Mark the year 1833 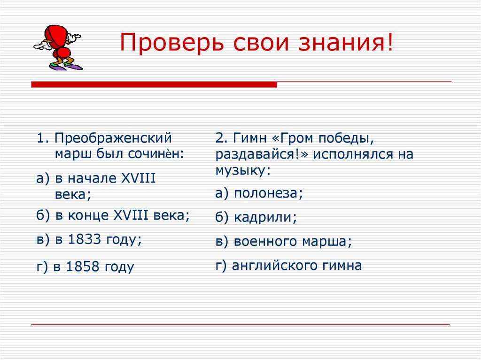85,239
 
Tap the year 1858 83,267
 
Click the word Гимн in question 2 248,138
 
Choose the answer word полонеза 268,193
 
